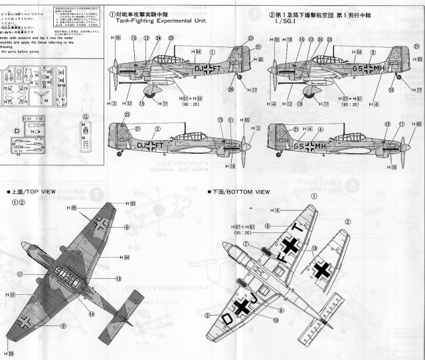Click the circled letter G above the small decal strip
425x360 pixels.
[85, 116]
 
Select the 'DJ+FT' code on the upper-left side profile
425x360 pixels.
[206, 67]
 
